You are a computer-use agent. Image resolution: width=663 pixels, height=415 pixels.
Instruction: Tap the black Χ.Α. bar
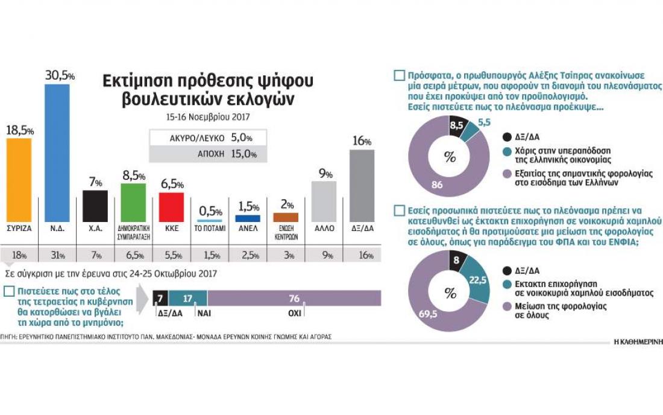click(95, 206)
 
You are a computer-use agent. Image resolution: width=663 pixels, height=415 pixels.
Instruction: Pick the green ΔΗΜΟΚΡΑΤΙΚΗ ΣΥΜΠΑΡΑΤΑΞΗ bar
click(133, 203)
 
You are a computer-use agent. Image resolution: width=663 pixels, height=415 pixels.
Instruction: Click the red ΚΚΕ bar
click(171, 207)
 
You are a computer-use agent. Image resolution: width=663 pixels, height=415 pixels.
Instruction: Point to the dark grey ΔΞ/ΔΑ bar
click(362, 185)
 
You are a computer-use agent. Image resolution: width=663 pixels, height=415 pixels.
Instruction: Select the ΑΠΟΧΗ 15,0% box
click(204, 154)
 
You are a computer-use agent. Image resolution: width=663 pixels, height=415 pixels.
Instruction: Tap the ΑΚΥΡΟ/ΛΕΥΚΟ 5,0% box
click(204, 138)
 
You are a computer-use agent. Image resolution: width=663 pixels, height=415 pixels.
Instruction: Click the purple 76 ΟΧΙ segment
click(294, 298)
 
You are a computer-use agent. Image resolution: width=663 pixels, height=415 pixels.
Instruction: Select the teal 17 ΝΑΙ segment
click(187, 298)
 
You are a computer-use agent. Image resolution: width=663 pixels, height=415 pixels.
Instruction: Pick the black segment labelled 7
click(160, 298)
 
